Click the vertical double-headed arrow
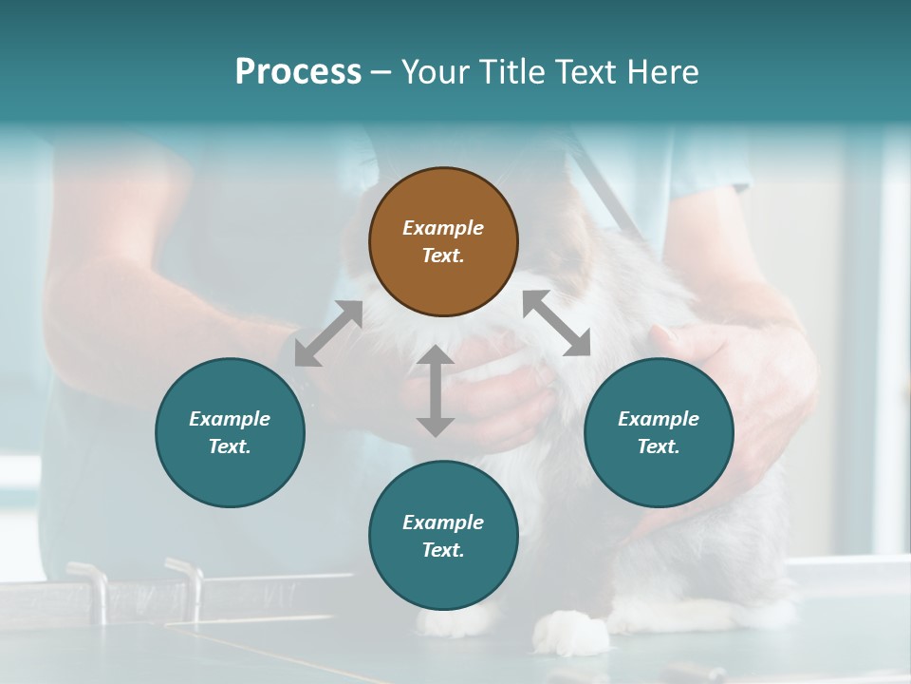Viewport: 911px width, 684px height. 436,390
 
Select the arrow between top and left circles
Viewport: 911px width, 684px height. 328,333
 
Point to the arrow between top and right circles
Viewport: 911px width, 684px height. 556,323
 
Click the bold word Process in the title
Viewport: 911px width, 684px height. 298,71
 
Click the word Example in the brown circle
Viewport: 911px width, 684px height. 443,228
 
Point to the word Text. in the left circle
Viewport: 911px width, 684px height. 230,446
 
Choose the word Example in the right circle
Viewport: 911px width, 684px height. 659,419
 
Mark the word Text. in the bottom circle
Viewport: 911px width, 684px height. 443,550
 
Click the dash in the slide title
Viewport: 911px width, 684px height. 381,72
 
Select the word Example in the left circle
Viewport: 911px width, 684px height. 230,419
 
